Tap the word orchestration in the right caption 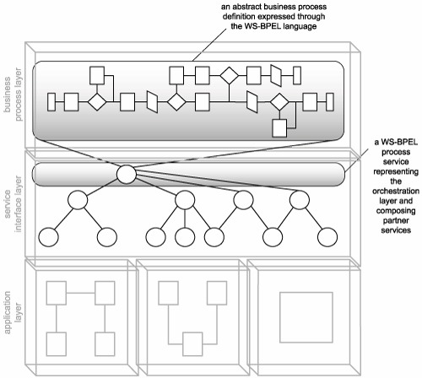point(396,192)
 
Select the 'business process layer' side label point(13,94)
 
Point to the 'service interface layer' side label point(13,204)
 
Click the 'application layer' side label point(13,312)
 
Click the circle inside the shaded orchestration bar point(127,175)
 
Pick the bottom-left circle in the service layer point(48,237)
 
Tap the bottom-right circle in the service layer point(327,237)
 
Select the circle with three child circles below point(185,200)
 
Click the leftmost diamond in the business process point(97,102)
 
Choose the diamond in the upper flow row point(230,75)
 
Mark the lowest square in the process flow point(279,128)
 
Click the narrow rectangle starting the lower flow point(51,102)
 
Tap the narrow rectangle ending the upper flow point(297,75)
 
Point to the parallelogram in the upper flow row point(276,75)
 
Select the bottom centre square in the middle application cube point(192,344)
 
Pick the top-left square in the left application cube point(57,293)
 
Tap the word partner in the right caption point(396,220)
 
